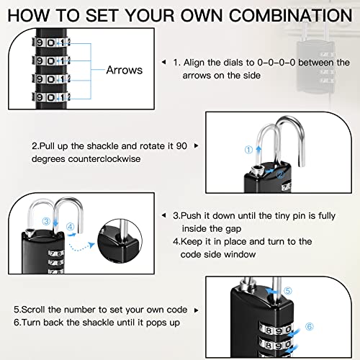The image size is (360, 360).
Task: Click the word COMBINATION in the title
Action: [x=288, y=16]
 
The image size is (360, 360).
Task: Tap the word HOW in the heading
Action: [x=30, y=16]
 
